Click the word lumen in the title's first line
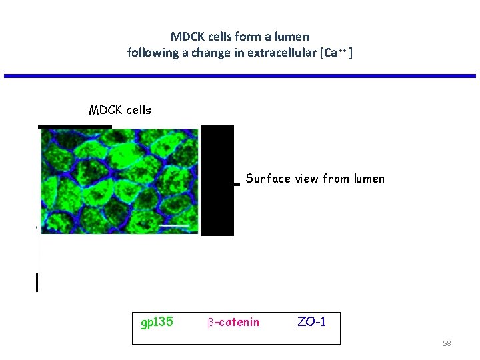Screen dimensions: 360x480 tap(293, 36)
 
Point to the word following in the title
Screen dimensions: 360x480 tap(151, 52)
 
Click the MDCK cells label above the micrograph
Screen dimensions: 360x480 tap(120, 110)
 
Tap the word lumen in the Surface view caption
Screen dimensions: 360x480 tap(369, 179)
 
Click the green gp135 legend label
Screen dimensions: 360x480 tap(157, 323)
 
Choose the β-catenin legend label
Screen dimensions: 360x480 tap(233, 323)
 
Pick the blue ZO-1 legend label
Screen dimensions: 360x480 tap(311, 323)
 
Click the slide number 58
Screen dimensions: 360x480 tap(447, 343)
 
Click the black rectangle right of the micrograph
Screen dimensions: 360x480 tap(217, 180)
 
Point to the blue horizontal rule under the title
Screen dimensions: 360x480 tap(240, 76)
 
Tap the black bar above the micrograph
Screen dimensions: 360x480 tap(75, 126)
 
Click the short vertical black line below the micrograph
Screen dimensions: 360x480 tap(37, 283)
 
